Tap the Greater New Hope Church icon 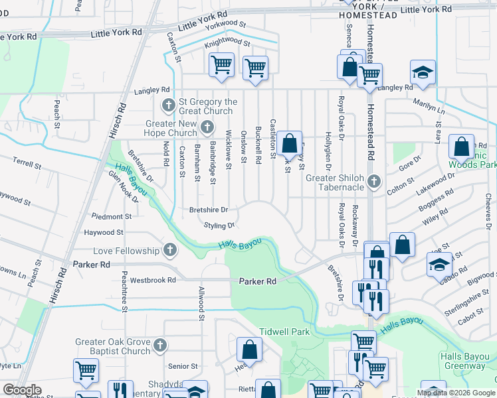click(207, 127)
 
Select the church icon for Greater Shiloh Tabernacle click(374, 181)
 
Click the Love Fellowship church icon click(170, 250)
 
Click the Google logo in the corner click(22, 390)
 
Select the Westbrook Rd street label click(153, 280)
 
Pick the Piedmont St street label click(112, 216)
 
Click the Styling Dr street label click(219, 226)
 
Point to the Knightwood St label click(227, 43)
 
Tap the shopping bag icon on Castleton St click(289, 143)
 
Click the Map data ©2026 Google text click(456, 393)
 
